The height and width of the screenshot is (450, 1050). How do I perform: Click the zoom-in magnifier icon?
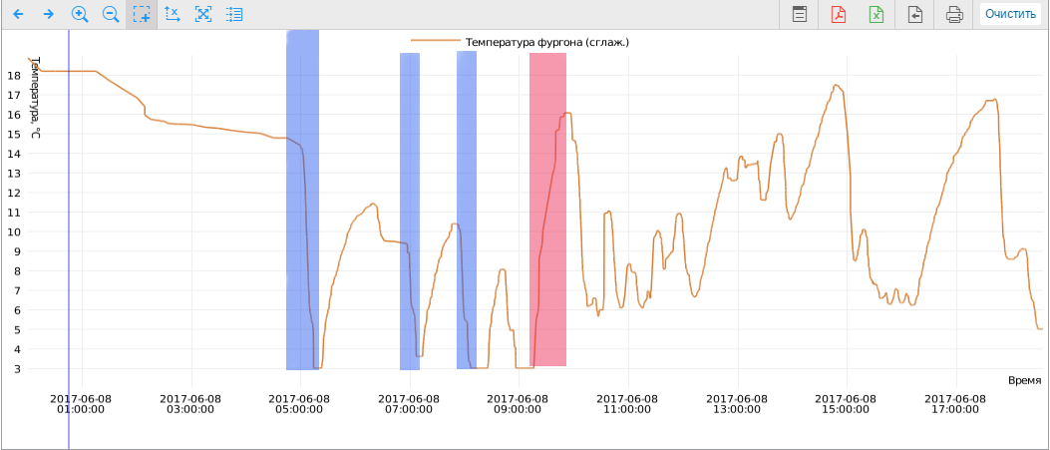[80, 14]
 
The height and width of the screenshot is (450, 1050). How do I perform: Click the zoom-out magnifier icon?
[111, 14]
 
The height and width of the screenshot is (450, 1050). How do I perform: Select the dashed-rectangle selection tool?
[141, 14]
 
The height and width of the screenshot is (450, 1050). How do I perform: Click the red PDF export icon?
[839, 14]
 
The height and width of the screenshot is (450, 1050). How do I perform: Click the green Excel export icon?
[876, 14]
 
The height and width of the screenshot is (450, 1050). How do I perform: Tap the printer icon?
[954, 14]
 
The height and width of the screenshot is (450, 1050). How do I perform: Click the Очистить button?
[1010, 14]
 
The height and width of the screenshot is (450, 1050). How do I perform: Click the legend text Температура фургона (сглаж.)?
[546, 42]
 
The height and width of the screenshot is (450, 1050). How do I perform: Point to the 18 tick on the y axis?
[14, 76]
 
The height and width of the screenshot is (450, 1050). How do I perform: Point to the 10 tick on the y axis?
[14, 231]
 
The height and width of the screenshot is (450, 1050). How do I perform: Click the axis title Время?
[1024, 380]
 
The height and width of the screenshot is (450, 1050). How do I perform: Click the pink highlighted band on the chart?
[547, 210]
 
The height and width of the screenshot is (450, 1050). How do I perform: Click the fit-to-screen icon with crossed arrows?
[203, 14]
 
